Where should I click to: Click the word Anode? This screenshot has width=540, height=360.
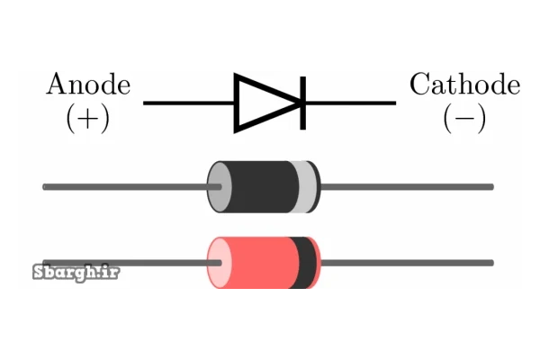[88, 85]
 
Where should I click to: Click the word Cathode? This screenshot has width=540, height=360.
[463, 85]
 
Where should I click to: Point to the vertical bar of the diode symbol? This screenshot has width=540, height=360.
[302, 103]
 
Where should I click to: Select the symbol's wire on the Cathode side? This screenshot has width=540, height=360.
[351, 103]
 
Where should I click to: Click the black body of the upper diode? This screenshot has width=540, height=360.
[261, 186]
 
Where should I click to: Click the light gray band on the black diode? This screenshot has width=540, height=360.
[306, 186]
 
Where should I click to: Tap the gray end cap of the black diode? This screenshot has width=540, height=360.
[216, 186]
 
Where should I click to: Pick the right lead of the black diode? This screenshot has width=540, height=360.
[405, 186]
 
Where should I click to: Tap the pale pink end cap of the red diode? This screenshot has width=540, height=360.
[216, 264]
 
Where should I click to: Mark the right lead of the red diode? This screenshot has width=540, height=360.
[405, 263]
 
